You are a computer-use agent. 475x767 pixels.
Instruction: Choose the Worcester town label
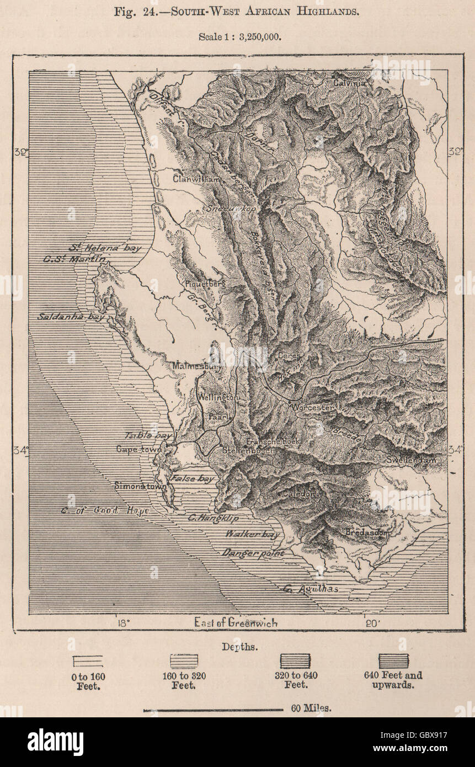(314, 407)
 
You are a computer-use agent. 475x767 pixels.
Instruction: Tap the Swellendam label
(411, 460)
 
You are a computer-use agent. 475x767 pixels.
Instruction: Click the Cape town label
(138, 449)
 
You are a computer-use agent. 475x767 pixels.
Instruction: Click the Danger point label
(253, 552)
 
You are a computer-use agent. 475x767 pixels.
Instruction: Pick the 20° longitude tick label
(371, 623)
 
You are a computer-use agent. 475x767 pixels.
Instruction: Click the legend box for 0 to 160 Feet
(88, 661)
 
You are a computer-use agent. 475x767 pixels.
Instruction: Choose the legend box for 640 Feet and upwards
(393, 661)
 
